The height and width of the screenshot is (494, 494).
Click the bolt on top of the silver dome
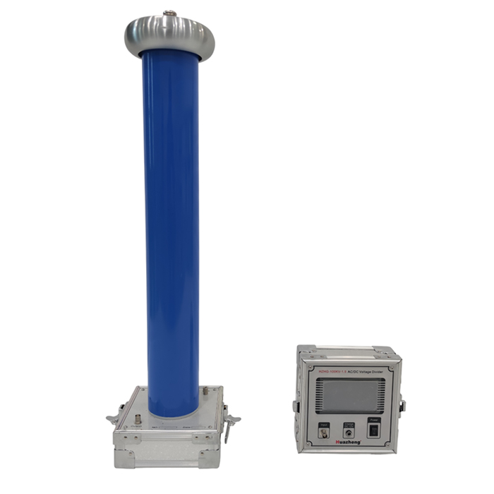[169, 13]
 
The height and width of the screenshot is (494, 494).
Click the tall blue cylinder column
[170, 226]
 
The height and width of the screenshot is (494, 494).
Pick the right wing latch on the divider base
[229, 421]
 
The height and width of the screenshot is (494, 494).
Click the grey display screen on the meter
[349, 395]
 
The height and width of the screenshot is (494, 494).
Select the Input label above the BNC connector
[324, 423]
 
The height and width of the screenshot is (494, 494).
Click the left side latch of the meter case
[296, 406]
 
